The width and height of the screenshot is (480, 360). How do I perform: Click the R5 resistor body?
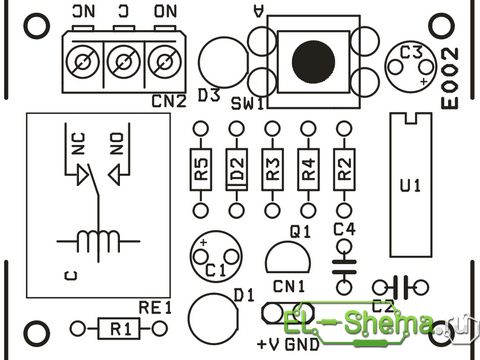click(201, 169)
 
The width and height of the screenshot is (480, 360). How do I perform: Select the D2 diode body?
click(237, 169)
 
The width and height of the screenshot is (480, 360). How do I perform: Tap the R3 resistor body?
click(273, 169)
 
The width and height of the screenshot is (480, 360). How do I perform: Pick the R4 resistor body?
click(308, 169)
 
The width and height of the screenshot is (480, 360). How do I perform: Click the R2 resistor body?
click(344, 169)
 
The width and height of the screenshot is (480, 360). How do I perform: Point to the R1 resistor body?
click(119, 329)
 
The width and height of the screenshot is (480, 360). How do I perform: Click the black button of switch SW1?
click(313, 62)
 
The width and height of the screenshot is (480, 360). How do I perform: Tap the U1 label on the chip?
click(410, 186)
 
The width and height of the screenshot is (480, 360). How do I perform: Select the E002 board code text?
click(450, 78)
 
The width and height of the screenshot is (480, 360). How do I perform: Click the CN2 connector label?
click(169, 101)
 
